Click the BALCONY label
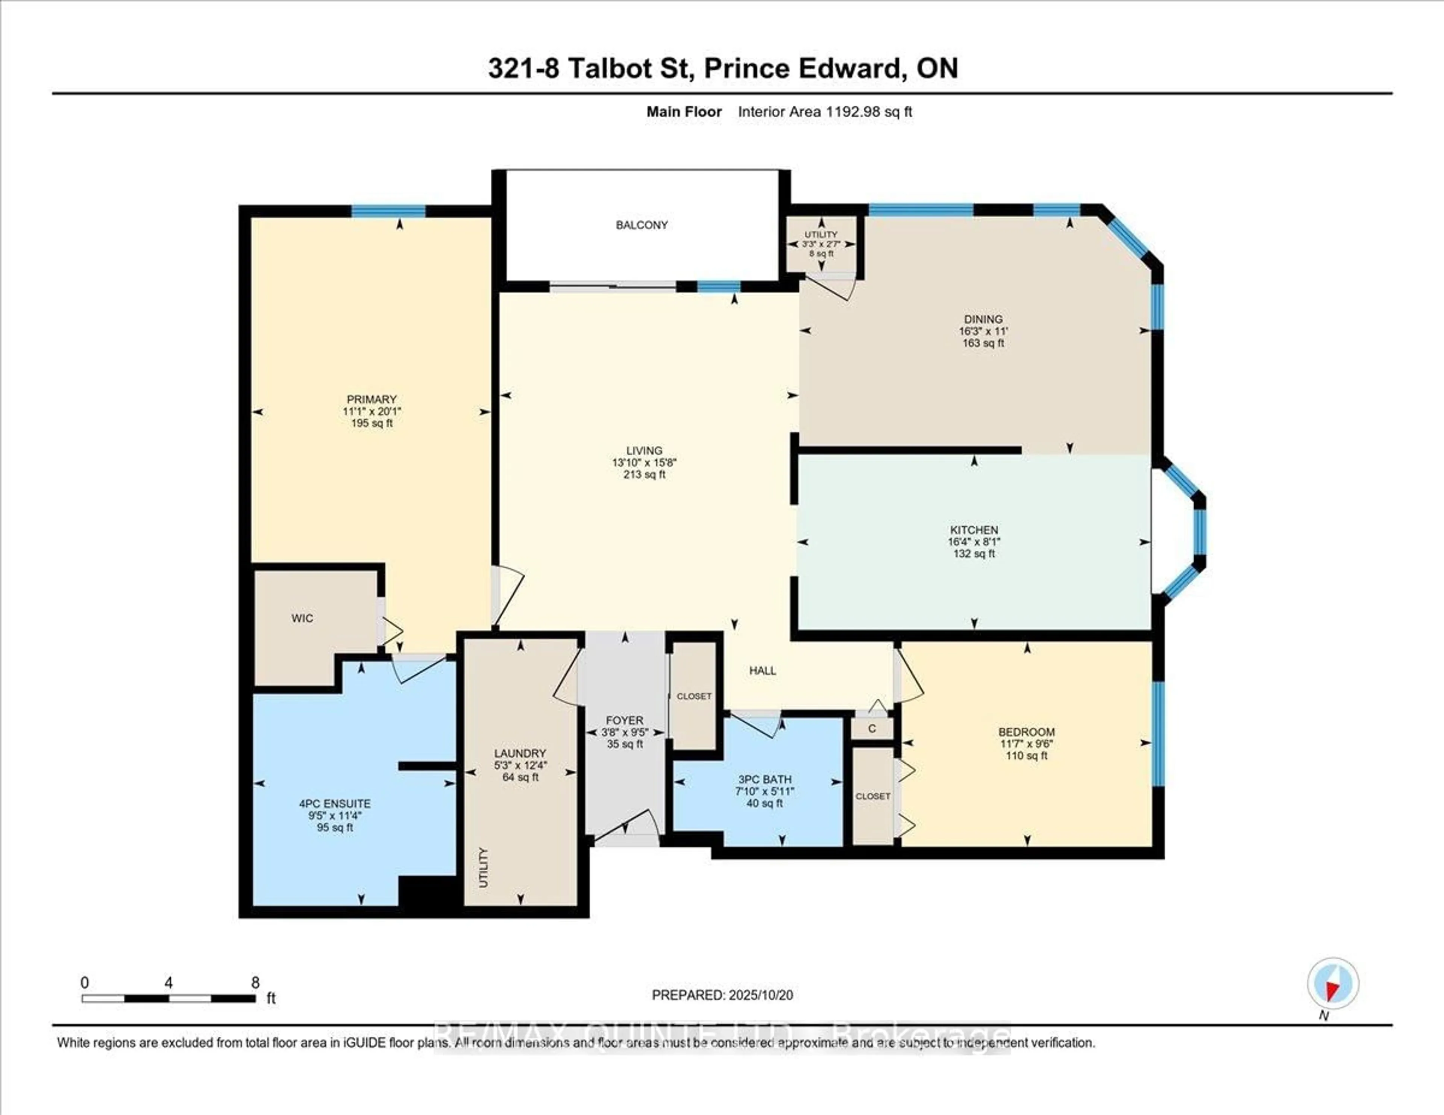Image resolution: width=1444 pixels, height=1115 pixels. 641,225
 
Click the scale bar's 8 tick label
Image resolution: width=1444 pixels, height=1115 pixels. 255,983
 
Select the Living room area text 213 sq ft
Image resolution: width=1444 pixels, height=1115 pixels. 644,474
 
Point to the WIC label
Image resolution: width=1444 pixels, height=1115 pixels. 302,618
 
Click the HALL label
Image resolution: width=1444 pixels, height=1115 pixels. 762,670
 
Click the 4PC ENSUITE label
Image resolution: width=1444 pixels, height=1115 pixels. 335,804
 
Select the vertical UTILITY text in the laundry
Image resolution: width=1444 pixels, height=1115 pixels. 483,867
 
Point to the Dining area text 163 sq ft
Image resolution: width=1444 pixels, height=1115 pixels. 983,343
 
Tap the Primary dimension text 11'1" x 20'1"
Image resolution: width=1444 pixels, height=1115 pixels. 372,411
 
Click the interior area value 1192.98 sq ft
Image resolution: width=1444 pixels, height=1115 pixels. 868,112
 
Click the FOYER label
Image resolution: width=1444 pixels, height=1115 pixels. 625,720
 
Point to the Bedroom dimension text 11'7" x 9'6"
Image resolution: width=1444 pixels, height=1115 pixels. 1027,744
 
